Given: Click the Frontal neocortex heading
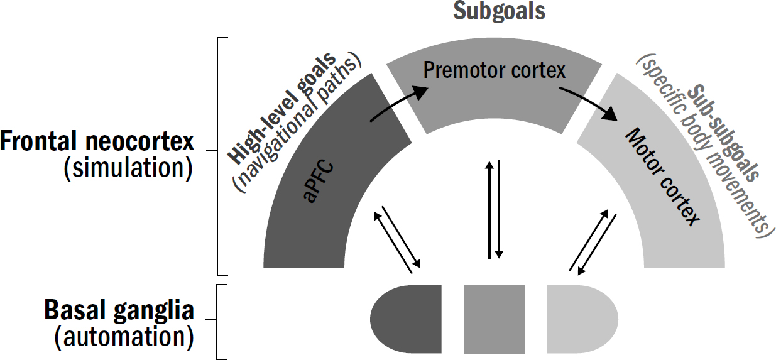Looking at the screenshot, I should (x=97, y=141).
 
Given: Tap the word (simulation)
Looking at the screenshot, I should (x=128, y=169).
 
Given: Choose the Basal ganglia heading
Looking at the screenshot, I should (x=119, y=310).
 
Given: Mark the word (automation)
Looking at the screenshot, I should (x=123, y=337).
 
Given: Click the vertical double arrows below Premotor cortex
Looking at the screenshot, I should (x=494, y=210).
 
